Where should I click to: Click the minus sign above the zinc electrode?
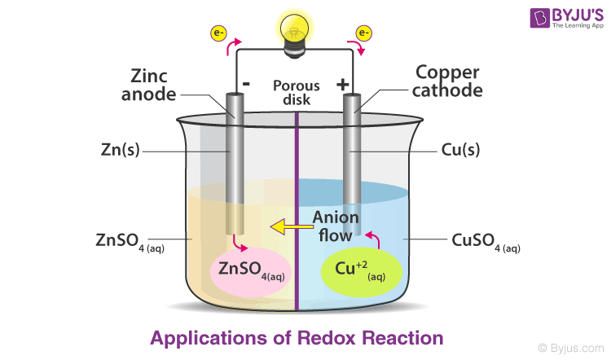(x=245, y=84)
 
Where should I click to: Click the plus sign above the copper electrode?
(x=342, y=85)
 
